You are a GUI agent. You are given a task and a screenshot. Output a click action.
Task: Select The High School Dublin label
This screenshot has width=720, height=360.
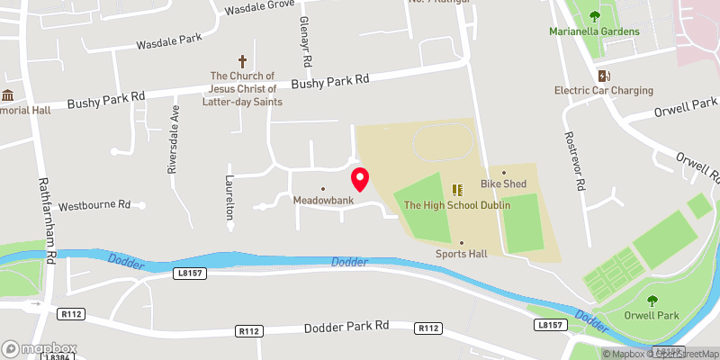457,205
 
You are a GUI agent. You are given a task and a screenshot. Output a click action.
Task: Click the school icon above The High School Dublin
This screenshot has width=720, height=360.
457,190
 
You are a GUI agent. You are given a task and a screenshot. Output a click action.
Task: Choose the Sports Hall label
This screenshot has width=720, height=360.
461,254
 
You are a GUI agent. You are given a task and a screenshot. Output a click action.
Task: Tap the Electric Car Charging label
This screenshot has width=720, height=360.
603,90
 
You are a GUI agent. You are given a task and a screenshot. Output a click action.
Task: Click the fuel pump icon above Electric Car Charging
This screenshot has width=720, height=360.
603,75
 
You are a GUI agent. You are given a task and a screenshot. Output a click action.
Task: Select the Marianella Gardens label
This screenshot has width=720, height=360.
594,31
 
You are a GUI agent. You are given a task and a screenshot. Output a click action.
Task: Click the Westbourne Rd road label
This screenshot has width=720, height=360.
94,206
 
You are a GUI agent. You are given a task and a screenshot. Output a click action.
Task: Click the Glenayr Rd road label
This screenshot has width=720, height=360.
306,45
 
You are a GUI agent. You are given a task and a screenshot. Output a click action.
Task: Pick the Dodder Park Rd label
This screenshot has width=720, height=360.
346,326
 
